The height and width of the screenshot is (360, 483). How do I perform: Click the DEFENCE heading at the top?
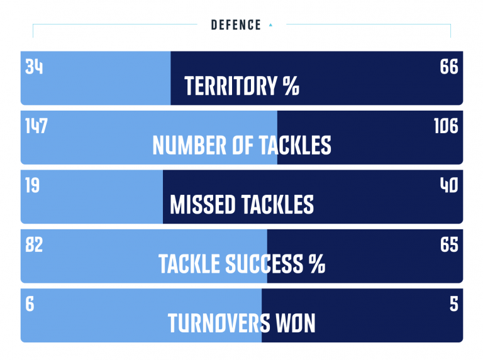[236, 25]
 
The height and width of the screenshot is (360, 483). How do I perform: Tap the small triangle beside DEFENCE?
[270, 25]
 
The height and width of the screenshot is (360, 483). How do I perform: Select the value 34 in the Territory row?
[34, 67]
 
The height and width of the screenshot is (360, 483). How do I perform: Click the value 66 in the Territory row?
[449, 67]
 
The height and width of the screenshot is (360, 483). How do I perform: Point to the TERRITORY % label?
[241, 86]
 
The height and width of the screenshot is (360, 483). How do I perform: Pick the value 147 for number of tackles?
[36, 126]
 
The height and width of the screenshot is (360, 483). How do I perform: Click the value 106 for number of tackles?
[446, 126]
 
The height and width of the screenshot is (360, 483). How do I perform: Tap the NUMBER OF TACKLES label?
[241, 145]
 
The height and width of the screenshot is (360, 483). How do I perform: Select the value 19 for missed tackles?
[32, 185]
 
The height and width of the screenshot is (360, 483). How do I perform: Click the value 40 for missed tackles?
[449, 185]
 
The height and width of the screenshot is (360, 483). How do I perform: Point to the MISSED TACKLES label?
[241, 205]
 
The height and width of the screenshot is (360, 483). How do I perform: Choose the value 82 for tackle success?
[34, 244]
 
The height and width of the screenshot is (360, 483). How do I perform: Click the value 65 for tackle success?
[449, 244]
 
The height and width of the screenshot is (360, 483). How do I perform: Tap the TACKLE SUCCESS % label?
[241, 264]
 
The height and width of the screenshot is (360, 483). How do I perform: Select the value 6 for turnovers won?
[30, 304]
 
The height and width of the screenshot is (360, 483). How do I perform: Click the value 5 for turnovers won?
[453, 304]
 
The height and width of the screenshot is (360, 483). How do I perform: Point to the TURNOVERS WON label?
[241, 324]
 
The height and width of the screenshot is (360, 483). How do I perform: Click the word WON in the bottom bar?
[296, 324]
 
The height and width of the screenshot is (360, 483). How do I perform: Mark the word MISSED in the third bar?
[203, 205]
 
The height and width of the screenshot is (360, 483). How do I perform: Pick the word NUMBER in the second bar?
[189, 145]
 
